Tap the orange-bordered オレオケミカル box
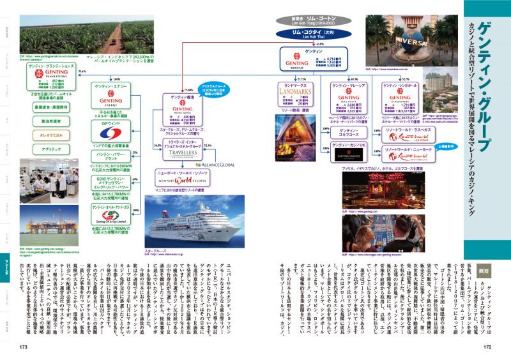pyautogui.click(x=52, y=135)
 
